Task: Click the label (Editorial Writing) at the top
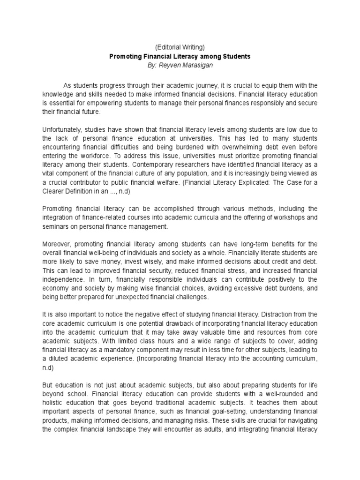[x=180, y=47]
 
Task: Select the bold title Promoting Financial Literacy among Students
[x=180, y=56]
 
